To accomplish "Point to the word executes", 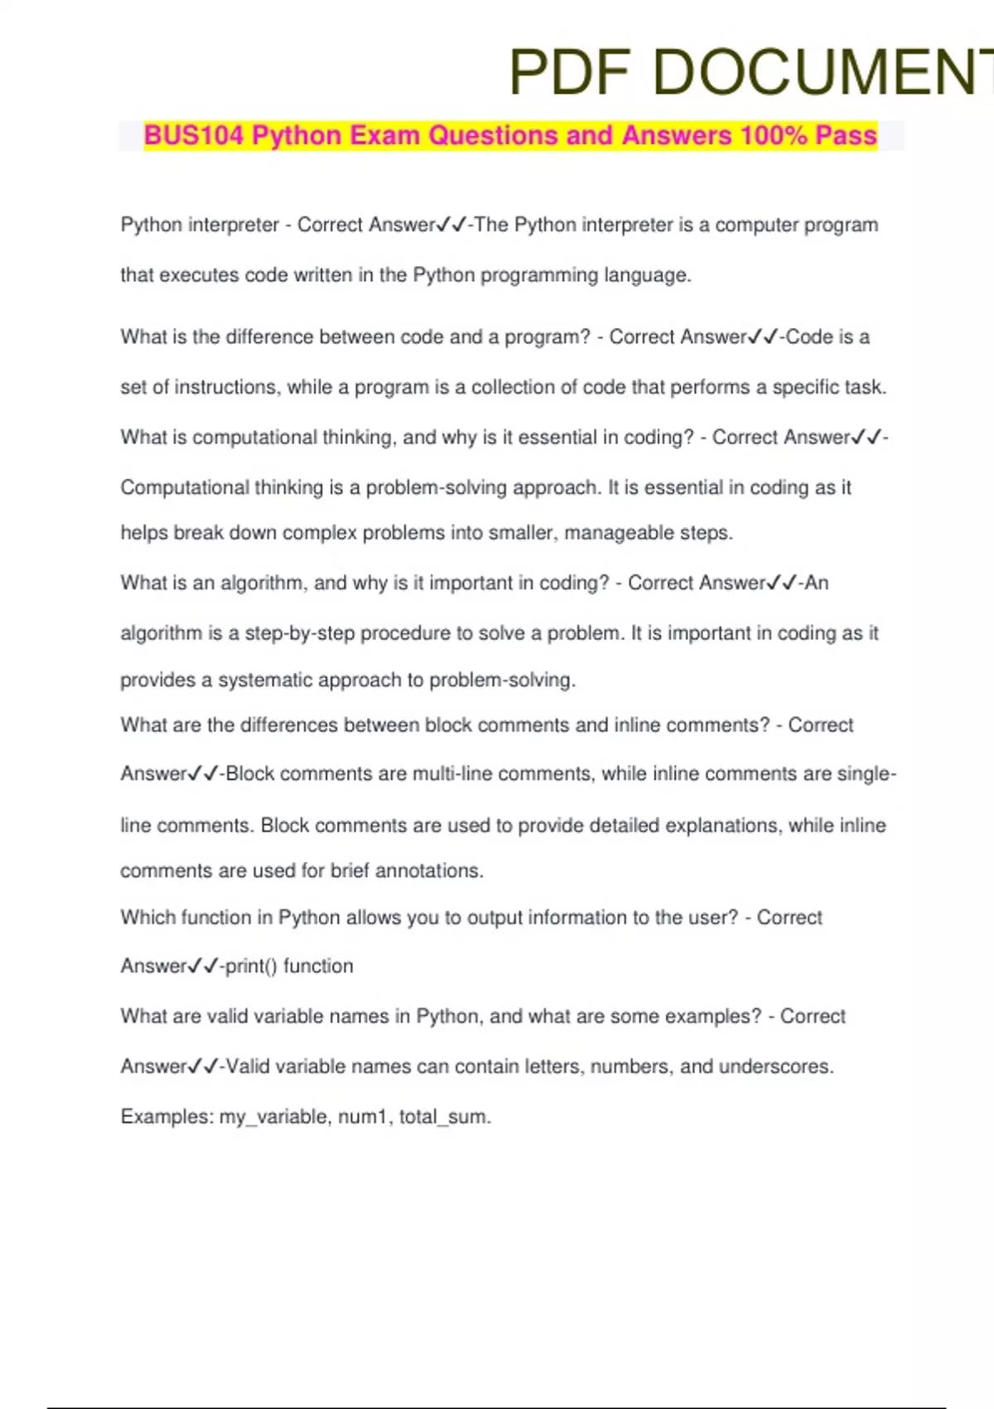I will coord(199,275).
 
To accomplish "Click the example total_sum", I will coord(443,1117).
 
